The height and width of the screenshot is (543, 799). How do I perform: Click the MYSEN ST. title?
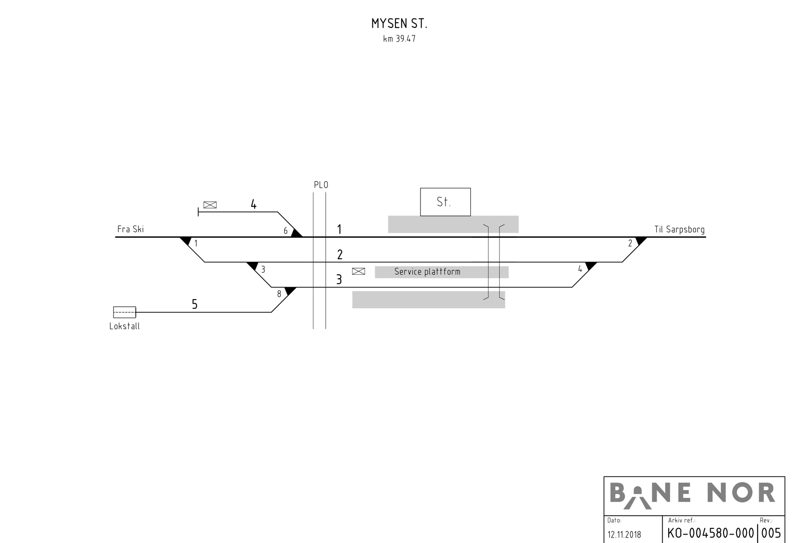coord(399,23)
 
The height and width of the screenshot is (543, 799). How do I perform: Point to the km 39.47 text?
coord(399,39)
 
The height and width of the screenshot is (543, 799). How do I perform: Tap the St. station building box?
coord(445,202)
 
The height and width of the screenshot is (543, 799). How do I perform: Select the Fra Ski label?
coord(130,229)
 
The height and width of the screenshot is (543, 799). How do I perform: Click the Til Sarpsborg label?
coord(679,230)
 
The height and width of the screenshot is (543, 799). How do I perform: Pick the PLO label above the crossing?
coord(321,185)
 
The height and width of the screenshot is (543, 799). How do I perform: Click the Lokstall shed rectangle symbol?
coord(124,312)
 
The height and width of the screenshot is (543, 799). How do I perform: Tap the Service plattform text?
coord(427,272)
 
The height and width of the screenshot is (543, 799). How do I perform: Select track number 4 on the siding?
coord(254,204)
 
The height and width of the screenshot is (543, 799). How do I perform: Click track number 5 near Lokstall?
coord(195,304)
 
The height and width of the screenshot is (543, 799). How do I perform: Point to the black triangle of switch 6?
coord(296,233)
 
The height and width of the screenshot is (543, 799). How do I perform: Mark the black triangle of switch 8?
coord(290,291)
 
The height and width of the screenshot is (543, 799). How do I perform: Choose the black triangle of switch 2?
coord(641,240)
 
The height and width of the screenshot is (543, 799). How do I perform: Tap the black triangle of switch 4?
coord(591,265)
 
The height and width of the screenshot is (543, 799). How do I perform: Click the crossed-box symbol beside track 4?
coord(210,205)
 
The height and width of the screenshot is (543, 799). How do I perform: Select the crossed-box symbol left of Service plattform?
coord(359,271)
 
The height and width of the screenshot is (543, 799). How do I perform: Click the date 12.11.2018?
coord(624,535)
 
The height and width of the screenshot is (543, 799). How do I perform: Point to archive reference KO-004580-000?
coord(710,533)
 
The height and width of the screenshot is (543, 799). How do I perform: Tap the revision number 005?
coord(771,533)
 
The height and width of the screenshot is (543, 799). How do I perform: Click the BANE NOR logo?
coord(693,495)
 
